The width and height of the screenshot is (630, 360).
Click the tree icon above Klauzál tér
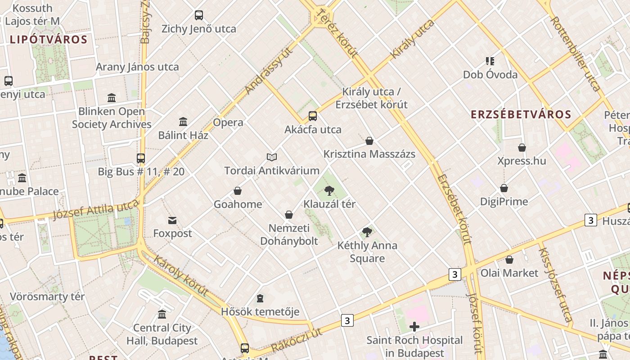tap(329, 190)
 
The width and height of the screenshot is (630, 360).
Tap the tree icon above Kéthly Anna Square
tap(367, 232)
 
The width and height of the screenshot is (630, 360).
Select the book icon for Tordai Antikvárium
tap(271, 157)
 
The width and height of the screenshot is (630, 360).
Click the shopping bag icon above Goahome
tap(238, 191)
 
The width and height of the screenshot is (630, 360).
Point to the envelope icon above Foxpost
tap(172, 220)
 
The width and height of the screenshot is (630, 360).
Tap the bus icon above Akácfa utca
tap(313, 116)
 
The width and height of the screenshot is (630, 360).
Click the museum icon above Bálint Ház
tap(183, 121)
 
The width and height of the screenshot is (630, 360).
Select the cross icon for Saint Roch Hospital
tap(414, 327)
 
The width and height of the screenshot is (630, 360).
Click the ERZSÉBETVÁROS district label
tap(521, 114)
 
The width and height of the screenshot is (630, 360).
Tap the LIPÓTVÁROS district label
tap(48, 39)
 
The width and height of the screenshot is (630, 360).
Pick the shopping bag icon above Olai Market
tap(509, 260)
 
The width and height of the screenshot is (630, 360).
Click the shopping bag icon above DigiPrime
tap(504, 188)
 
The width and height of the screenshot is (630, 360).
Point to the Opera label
tap(228, 122)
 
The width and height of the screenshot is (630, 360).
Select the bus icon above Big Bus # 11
tap(141, 158)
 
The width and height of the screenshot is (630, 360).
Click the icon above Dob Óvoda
tap(490, 61)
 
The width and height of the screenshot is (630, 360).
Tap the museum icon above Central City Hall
tap(162, 314)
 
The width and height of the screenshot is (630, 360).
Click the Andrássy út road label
tap(269, 71)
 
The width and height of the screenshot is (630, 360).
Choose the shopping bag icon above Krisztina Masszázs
tap(369, 141)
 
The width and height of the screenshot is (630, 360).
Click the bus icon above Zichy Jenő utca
tap(199, 15)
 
